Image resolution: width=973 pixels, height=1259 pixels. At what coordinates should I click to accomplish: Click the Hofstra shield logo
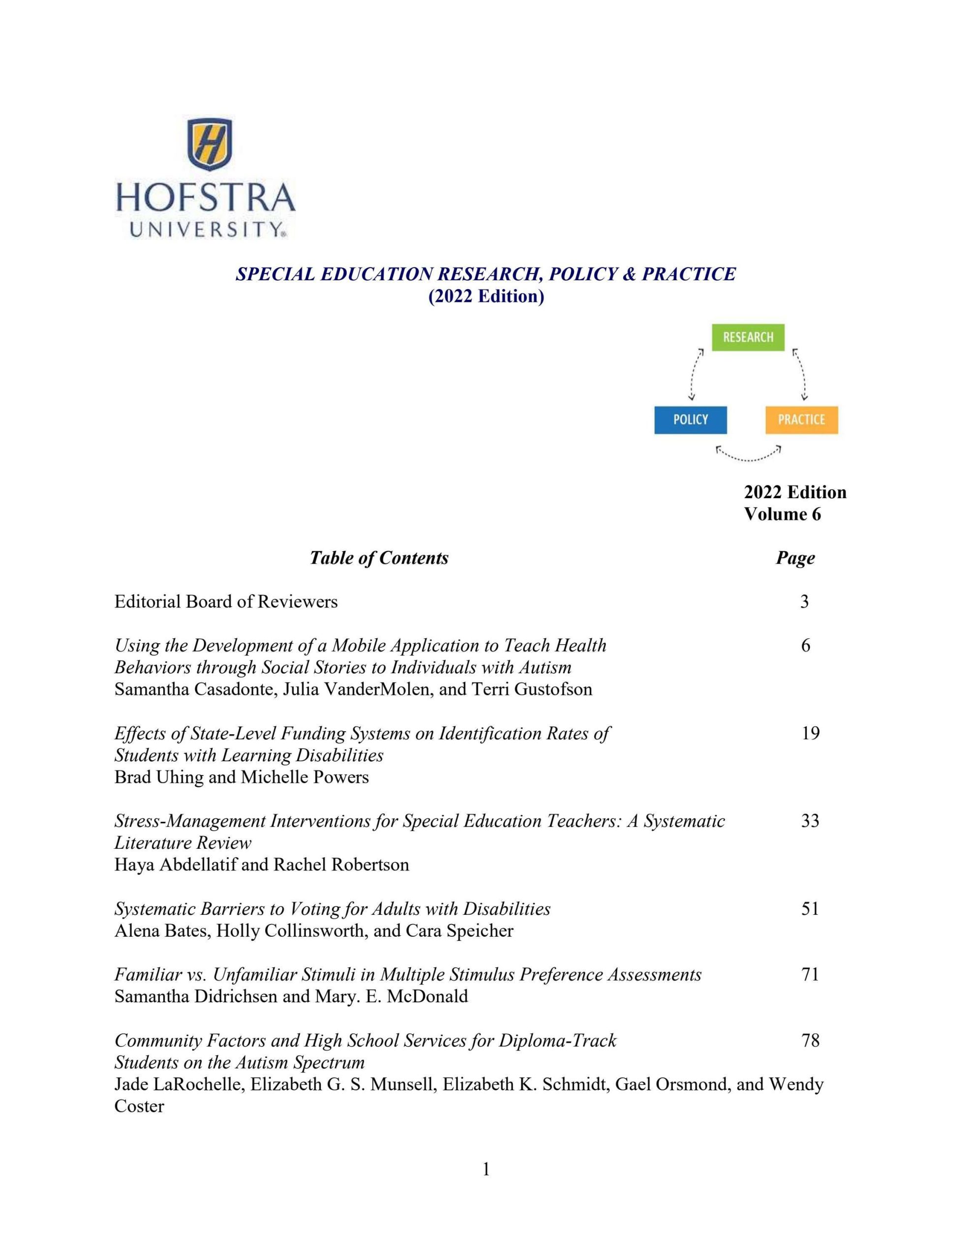211,144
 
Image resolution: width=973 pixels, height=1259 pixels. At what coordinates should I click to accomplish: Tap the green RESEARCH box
748,337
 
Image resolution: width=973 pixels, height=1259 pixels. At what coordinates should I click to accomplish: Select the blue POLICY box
690,420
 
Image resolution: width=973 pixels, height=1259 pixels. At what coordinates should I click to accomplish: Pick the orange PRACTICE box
801,420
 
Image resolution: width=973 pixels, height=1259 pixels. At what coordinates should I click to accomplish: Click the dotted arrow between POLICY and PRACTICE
748,455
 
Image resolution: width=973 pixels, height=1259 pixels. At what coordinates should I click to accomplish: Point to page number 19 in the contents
810,733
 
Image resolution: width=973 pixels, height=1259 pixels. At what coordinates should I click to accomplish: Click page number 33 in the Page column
810,821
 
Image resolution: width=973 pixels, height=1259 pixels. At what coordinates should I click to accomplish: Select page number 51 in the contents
810,909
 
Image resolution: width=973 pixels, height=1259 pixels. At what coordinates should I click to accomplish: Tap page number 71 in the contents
810,975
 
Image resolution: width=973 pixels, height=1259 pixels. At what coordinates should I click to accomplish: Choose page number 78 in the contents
810,1041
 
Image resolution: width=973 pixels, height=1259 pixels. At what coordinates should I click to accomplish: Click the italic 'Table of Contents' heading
379,558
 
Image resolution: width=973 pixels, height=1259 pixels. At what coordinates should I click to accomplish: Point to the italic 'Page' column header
795,558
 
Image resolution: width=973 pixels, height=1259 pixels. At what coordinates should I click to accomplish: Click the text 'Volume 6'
782,513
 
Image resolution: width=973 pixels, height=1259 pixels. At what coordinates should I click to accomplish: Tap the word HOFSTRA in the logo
205,198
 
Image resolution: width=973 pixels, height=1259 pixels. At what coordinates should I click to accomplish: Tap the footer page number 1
486,1169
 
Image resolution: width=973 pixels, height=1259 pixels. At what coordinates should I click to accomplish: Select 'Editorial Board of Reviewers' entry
225,602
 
